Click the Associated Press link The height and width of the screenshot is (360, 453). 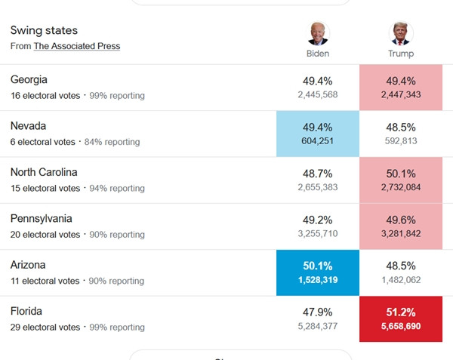(76, 46)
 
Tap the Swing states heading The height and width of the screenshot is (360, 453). (44, 30)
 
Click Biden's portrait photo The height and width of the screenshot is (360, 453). (318, 34)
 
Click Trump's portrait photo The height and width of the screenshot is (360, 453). (400, 34)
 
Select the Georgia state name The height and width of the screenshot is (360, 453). (29, 79)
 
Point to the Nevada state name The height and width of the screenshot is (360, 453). (29, 125)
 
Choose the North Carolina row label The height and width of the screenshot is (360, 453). (44, 172)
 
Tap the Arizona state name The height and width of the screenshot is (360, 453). (28, 265)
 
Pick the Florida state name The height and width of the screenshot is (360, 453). (26, 311)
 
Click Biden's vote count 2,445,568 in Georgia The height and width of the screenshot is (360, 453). (318, 94)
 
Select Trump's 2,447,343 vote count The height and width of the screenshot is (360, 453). (400, 94)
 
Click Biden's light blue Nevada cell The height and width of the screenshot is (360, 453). (318, 134)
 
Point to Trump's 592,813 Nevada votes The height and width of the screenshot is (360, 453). (400, 141)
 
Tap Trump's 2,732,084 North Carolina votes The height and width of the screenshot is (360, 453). (400, 187)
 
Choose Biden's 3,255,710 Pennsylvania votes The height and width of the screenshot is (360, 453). (318, 234)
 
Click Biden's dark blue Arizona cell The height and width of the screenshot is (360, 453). (318, 272)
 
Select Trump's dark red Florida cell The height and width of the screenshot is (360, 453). (400, 319)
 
